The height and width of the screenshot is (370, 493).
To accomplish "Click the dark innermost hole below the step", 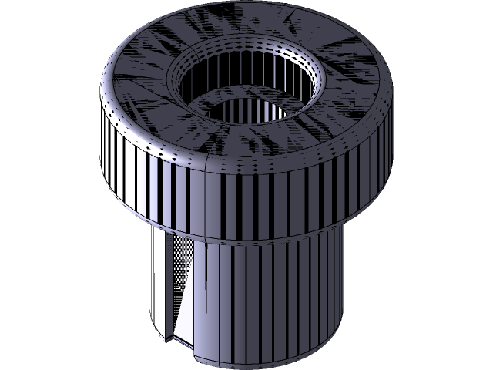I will pos(254,116).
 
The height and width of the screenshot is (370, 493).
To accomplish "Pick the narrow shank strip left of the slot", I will pos(156,285).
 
